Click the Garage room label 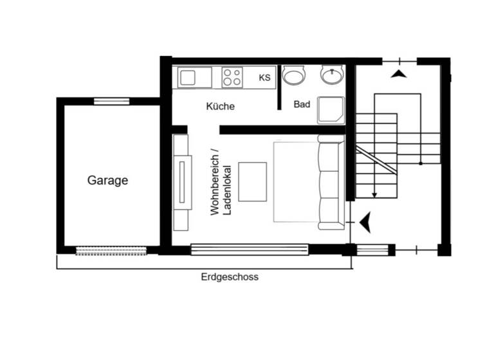(107, 181)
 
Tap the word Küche (220, 106)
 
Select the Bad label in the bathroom (302, 104)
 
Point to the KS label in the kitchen (264, 78)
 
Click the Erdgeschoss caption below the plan (230, 278)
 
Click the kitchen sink (187, 78)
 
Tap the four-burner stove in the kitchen (232, 78)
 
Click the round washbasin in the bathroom (332, 76)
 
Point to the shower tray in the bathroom (331, 110)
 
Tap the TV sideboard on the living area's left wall (181, 183)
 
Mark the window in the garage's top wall (111, 101)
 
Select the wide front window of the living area (250, 249)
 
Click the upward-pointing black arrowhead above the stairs (399, 75)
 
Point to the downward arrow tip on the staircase (374, 194)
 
